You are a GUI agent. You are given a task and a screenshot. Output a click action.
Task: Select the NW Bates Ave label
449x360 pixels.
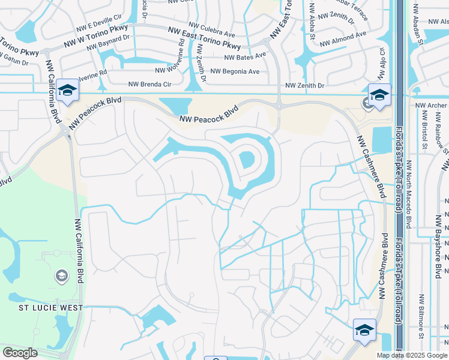[x=245, y=57]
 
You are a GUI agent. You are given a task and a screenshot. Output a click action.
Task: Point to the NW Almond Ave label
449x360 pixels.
[x=343, y=39]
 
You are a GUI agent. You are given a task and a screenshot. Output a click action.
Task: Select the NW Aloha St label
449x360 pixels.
[x=312, y=22]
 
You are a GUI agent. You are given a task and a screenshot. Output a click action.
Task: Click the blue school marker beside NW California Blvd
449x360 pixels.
[x=67, y=91]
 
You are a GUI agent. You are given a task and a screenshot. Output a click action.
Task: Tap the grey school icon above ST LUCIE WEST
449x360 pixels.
[x=61, y=276]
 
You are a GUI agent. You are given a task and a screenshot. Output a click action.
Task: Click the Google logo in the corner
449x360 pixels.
[x=20, y=353]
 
